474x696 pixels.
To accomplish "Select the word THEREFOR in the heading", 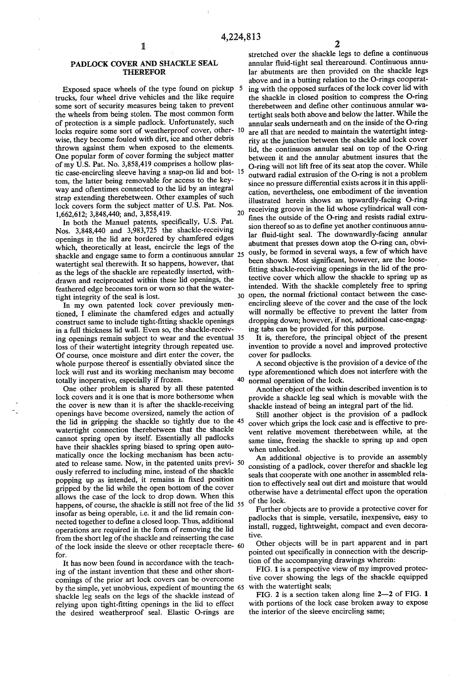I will [144, 72].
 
